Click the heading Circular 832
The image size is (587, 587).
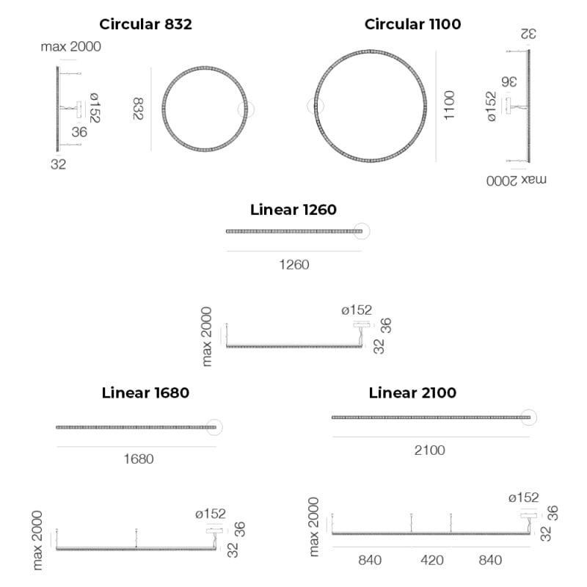[x=145, y=24]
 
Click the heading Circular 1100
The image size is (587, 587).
[x=412, y=24]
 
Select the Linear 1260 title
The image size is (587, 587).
[x=293, y=210]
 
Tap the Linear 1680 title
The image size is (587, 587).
[x=145, y=393]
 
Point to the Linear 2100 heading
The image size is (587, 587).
[x=412, y=393]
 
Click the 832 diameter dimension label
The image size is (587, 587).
[x=139, y=109]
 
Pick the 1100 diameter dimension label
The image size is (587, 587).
[x=449, y=106]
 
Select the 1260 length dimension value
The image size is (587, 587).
[x=293, y=264]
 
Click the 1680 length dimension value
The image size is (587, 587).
[x=138, y=459]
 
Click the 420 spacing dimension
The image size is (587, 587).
[x=432, y=561]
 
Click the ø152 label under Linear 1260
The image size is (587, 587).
[x=357, y=310]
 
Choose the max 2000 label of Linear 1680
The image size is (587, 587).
[x=38, y=540]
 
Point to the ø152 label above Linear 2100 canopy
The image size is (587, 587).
[x=523, y=497]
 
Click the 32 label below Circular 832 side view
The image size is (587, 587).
[x=59, y=164]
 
